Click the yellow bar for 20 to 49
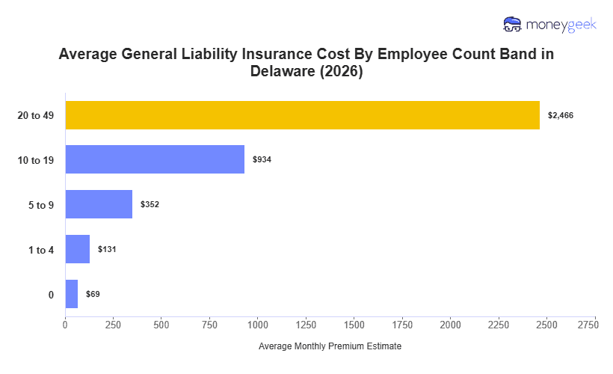point(302,115)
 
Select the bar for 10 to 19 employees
point(155,159)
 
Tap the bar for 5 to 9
point(99,204)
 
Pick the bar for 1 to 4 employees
point(78,249)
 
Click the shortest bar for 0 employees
point(72,294)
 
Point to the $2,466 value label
point(561,115)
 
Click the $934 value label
point(262,160)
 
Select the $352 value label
point(150,204)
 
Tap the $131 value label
point(107,249)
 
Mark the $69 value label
point(93,294)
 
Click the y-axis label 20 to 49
point(35,115)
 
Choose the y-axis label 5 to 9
point(40,205)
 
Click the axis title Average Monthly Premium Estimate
point(330,346)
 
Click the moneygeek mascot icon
point(513,25)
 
